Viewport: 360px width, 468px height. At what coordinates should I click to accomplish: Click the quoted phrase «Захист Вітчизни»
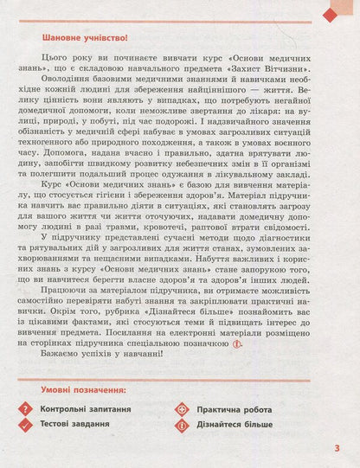(271, 69)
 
